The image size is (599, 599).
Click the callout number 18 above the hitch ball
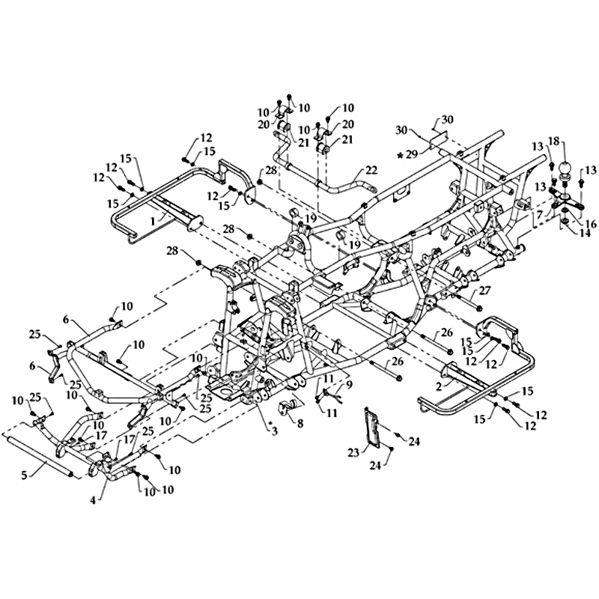pos(554,142)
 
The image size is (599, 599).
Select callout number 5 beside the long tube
pos(25,476)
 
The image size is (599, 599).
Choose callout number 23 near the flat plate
pos(353,453)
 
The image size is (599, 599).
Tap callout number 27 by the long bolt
pos(484,291)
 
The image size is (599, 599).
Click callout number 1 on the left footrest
pos(153,221)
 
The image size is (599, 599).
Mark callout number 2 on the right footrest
pos(439,386)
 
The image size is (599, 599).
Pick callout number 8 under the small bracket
pos(300,423)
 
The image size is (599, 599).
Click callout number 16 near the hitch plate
pos(590,224)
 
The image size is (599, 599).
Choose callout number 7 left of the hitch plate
pos(538,214)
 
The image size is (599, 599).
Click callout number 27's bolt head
pos(479,308)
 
